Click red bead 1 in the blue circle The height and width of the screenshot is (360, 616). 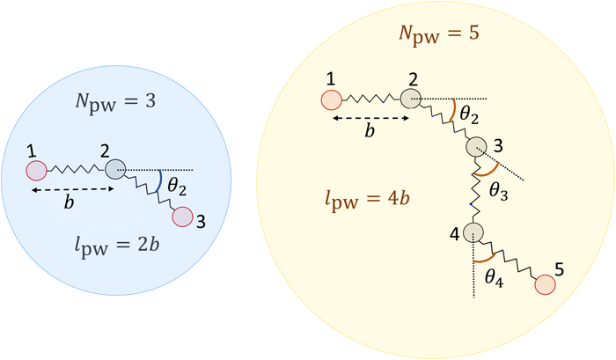tap(36, 168)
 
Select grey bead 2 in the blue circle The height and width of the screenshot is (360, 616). tap(114, 168)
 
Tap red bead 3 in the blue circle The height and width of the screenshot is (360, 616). tap(181, 216)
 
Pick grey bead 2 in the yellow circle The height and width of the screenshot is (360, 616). tap(409, 99)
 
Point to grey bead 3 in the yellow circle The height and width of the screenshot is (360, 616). tap(475, 148)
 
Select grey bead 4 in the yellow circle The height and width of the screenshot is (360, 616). tap(473, 233)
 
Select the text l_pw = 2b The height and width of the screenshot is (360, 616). tap(116, 258)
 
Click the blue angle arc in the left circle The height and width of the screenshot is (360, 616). tap(159, 181)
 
